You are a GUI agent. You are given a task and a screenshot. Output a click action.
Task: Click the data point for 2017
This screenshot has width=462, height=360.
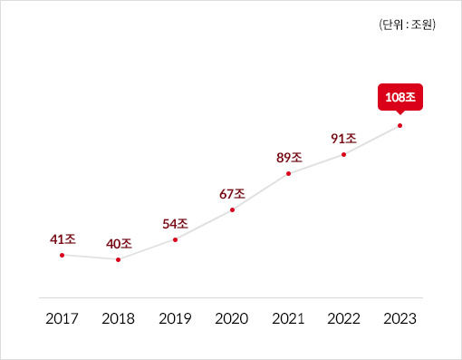pyautogui.click(x=62, y=256)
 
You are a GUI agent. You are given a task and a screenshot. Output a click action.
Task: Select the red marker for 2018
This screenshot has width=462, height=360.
pyautogui.click(x=119, y=260)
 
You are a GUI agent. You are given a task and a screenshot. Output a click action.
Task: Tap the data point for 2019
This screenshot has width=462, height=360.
pyautogui.click(x=175, y=239)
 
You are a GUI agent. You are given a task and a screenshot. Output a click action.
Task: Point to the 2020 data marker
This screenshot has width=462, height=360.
pyautogui.click(x=232, y=209)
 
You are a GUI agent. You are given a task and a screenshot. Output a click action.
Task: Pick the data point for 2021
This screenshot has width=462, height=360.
pyautogui.click(x=288, y=173)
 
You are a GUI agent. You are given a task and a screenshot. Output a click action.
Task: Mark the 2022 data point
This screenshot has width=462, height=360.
pyautogui.click(x=344, y=154)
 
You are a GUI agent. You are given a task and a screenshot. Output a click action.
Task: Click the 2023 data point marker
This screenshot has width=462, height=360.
pyautogui.click(x=399, y=125)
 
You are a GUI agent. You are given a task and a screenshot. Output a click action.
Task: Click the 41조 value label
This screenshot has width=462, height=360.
pyautogui.click(x=62, y=239)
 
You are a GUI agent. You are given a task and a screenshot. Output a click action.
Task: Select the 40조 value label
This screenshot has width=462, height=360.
pyautogui.click(x=119, y=244)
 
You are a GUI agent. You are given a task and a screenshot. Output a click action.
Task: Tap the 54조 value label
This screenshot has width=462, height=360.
pyautogui.click(x=175, y=223)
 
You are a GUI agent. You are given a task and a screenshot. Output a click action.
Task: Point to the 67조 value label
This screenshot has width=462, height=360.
pyautogui.click(x=232, y=193)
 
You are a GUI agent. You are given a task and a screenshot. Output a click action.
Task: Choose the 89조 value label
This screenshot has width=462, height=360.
pyautogui.click(x=288, y=157)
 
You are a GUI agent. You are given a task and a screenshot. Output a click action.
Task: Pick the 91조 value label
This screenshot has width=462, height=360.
pyautogui.click(x=344, y=138)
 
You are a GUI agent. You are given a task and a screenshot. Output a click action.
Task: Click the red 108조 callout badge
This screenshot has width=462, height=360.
pyautogui.click(x=399, y=96)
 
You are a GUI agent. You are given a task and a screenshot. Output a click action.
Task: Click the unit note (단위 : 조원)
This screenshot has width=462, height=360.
pyautogui.click(x=407, y=25)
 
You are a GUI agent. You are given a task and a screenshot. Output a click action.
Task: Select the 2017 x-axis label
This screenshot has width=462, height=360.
pyautogui.click(x=62, y=318)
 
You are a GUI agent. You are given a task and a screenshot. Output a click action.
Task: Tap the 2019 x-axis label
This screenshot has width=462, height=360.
pyautogui.click(x=175, y=318)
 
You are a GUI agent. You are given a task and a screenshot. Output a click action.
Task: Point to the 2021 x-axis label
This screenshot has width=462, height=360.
pyautogui.click(x=288, y=318)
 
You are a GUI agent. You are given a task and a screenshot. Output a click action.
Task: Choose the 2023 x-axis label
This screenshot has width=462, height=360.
pyautogui.click(x=399, y=318)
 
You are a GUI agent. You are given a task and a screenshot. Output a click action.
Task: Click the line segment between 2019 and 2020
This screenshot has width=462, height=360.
pyautogui.click(x=204, y=224)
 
